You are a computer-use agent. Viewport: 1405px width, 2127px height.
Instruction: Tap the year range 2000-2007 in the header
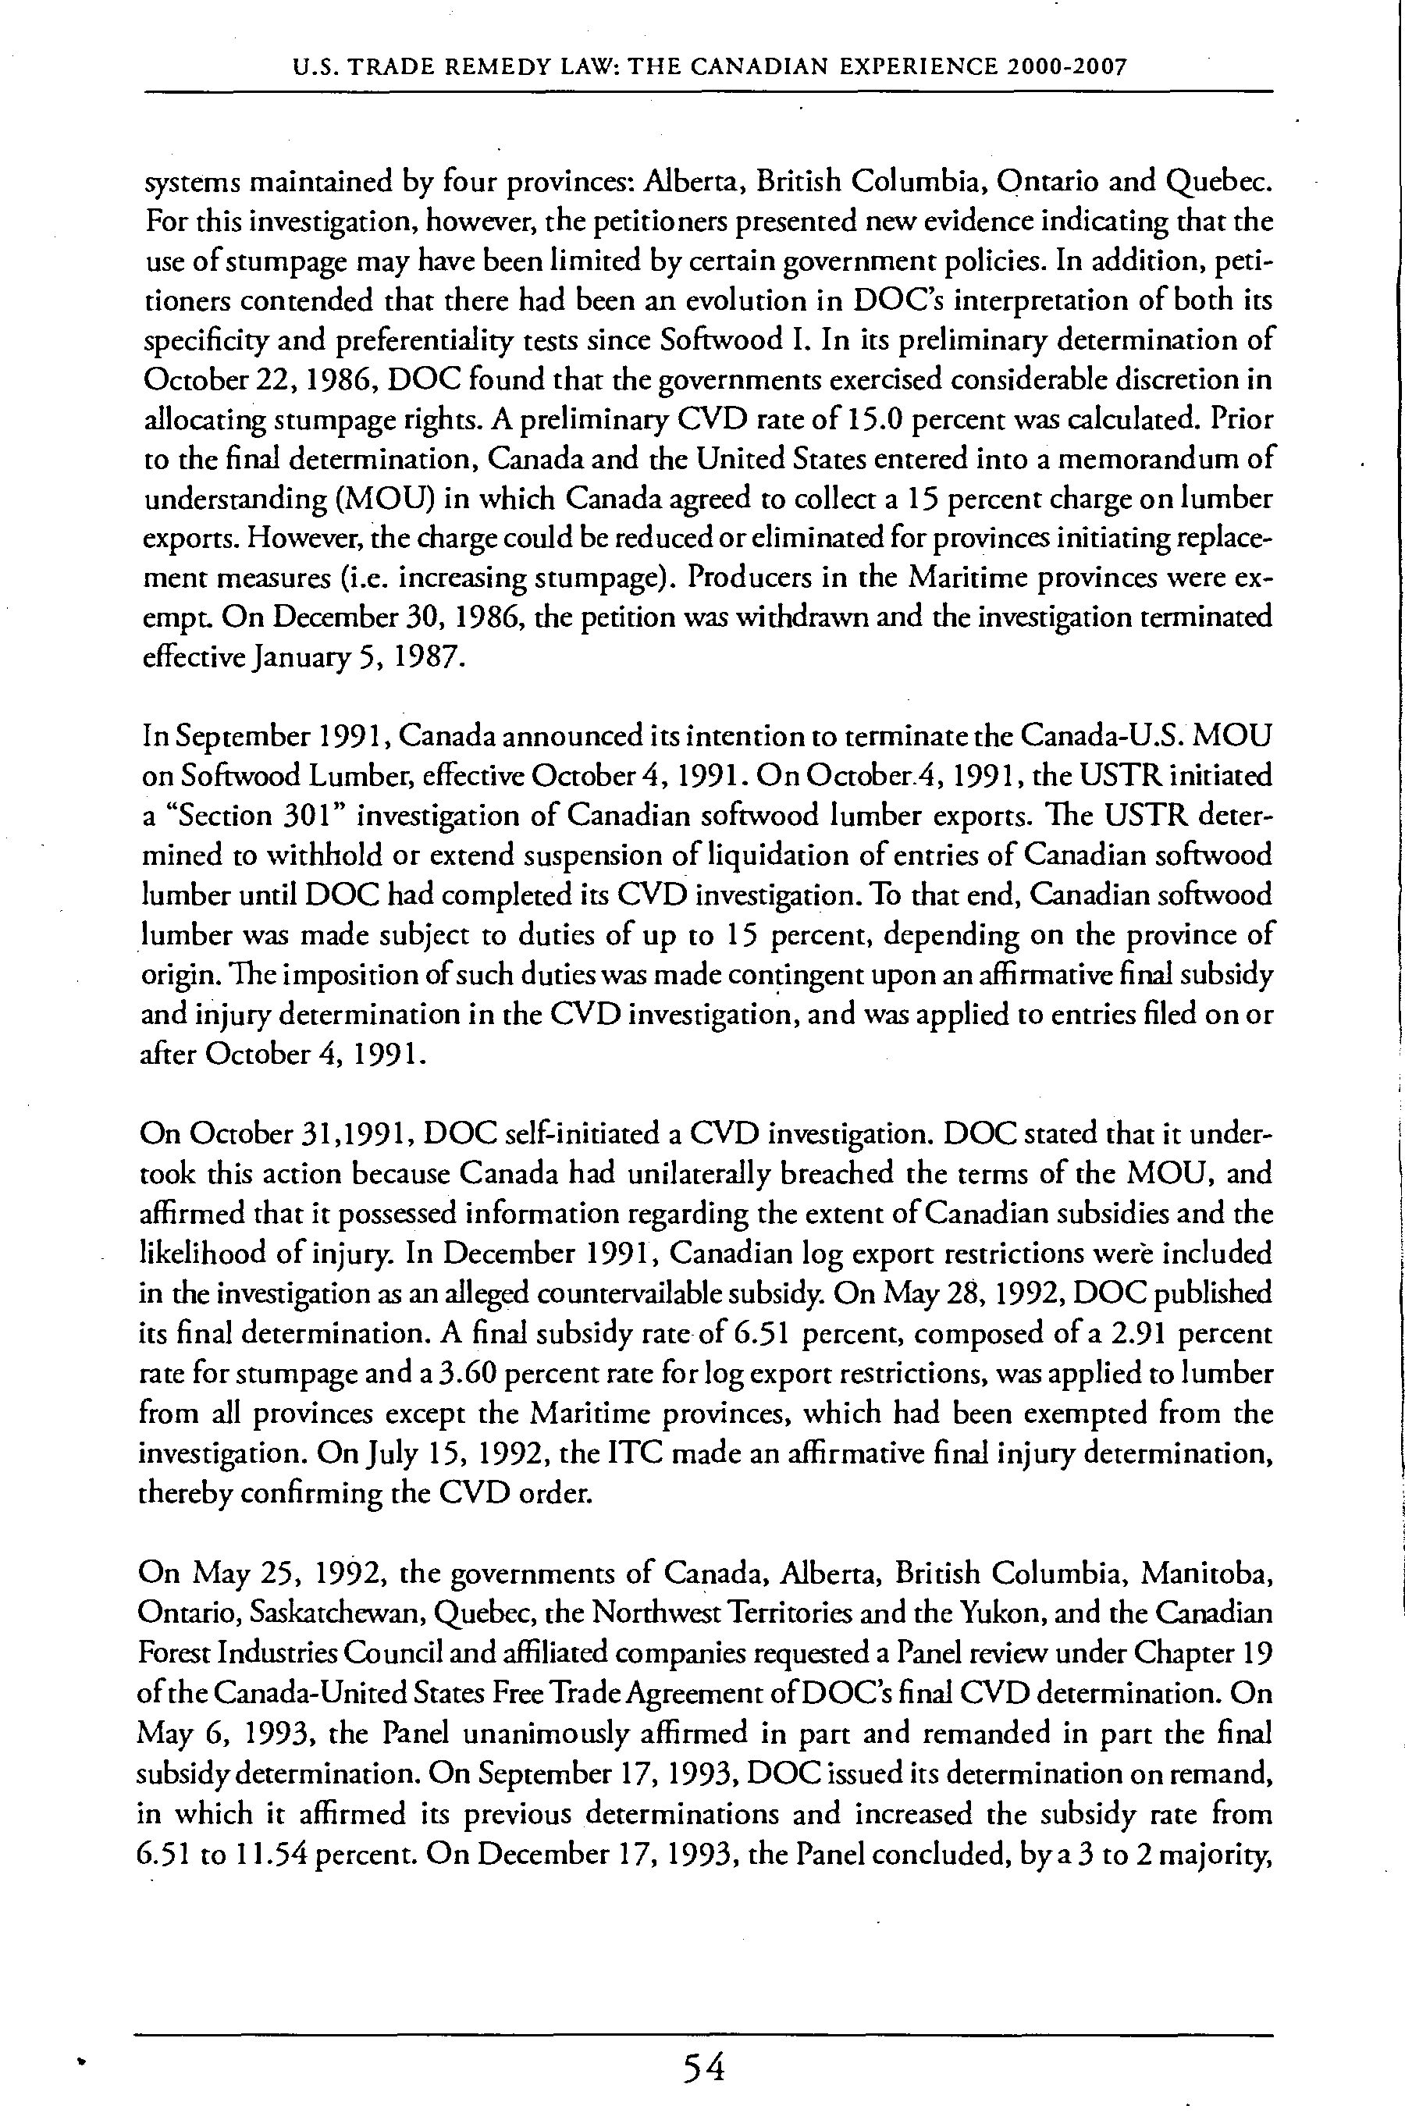1065,67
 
